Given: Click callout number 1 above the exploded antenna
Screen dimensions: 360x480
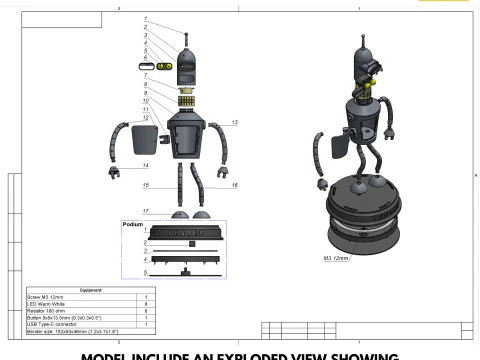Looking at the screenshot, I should coord(146,19).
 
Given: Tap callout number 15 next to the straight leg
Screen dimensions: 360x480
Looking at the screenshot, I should coord(146,186).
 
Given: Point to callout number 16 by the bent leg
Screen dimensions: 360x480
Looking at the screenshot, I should coord(234,186).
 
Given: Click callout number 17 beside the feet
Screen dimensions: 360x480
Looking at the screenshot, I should coord(146,211).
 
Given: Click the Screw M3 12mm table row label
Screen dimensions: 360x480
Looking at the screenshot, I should coord(45,298).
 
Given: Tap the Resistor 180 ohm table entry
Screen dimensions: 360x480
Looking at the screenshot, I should coord(46,312).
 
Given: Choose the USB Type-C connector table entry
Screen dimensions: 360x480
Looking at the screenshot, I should coord(52,325).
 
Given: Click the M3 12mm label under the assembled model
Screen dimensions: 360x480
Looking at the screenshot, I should coord(336,258).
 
